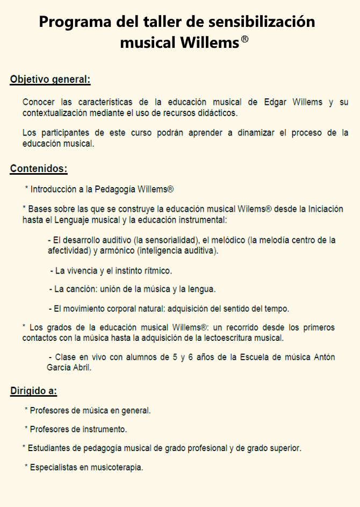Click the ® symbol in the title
tap(244, 39)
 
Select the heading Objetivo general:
tap(50, 80)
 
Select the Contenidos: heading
tap(39, 169)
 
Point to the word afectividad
tap(69, 251)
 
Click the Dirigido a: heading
tap(33, 391)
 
